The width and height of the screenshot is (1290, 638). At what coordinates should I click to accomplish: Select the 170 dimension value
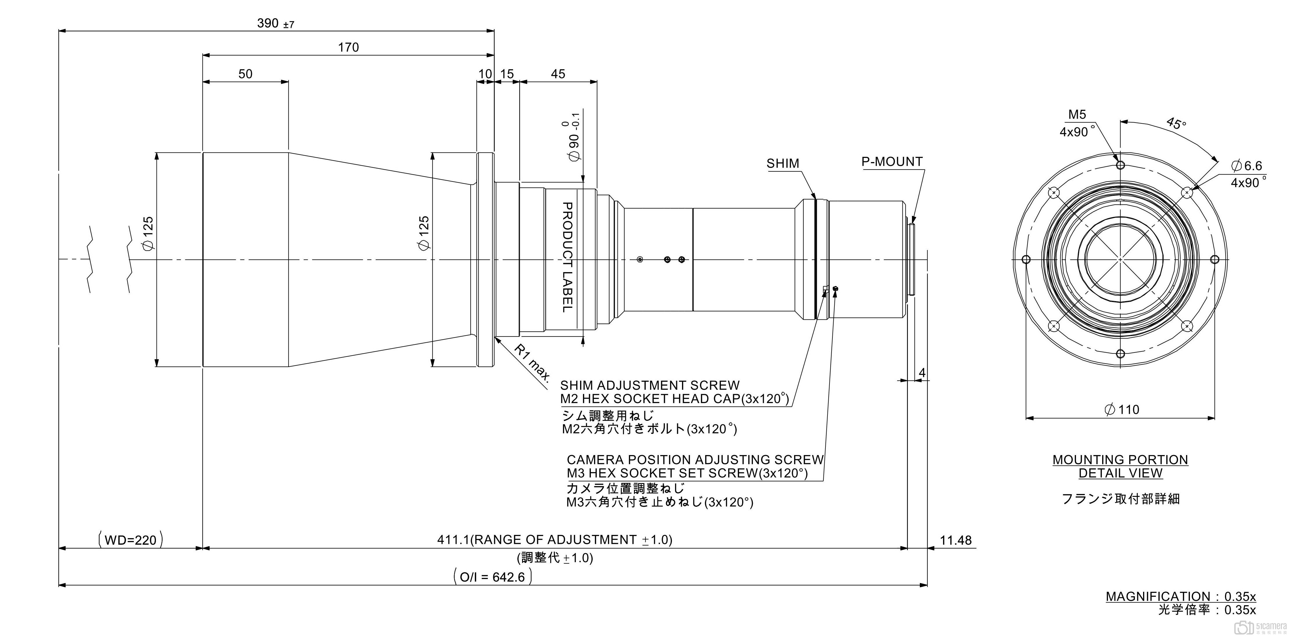348,48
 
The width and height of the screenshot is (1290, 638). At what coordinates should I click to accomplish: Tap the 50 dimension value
245,74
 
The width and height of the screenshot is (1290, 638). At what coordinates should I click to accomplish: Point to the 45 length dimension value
558,74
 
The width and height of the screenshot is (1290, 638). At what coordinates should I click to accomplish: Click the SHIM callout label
783,164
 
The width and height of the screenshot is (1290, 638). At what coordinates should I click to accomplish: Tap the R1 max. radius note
532,363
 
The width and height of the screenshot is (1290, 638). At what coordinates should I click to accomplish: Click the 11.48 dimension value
956,540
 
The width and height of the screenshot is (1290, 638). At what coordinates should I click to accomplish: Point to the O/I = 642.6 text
492,577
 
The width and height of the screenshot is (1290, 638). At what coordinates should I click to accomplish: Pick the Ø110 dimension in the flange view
1122,410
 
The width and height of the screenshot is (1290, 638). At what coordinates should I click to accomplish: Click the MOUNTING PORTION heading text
1120,460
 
